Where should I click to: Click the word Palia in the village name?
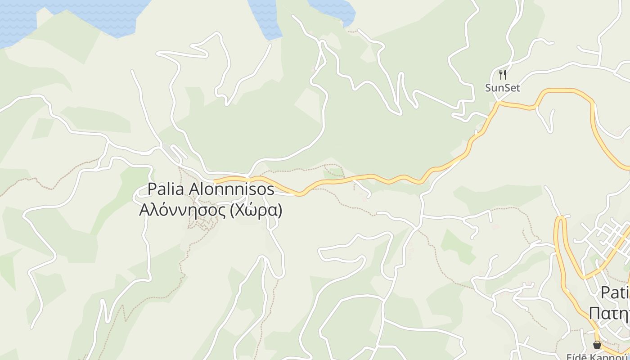[166, 189]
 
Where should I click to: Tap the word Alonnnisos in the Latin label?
[231, 189]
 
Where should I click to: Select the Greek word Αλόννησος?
[183, 210]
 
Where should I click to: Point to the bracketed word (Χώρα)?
[256, 210]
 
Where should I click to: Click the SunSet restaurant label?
[502, 88]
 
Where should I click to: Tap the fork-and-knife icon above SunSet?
[503, 74]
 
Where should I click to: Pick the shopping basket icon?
[597, 345]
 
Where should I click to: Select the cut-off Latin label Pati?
[615, 292]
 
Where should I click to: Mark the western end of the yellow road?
[215, 181]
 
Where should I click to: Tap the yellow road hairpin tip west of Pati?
[561, 219]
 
